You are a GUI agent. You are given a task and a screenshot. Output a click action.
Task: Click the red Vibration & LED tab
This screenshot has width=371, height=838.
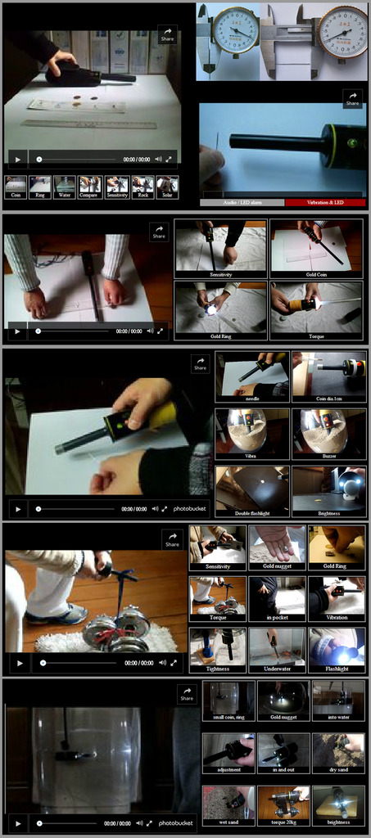325,202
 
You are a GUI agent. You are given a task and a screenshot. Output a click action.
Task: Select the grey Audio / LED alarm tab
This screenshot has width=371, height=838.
242,202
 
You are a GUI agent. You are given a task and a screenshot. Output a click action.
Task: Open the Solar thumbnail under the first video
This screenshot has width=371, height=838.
167,187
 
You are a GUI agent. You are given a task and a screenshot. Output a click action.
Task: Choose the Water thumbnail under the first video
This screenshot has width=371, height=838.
65,187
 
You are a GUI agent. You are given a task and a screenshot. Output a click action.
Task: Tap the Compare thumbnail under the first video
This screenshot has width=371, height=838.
90,187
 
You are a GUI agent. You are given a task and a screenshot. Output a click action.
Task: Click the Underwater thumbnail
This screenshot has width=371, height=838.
277,650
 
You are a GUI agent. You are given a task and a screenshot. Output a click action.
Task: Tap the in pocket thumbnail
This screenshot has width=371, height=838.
277,599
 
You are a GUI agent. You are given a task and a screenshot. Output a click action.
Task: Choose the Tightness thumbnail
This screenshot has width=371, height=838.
217,650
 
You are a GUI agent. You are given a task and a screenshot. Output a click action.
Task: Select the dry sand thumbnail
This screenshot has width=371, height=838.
338,753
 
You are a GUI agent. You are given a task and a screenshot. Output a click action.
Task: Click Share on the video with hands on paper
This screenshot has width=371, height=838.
159,233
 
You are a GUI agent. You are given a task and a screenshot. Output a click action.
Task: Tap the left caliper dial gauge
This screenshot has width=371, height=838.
235,30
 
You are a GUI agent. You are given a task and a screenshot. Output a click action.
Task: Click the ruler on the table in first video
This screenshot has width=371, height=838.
88,125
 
